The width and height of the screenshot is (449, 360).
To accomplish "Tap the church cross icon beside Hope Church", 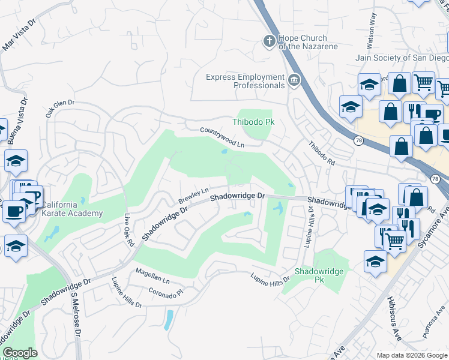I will (x=270, y=41).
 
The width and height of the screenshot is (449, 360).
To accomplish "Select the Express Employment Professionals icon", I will (x=294, y=80).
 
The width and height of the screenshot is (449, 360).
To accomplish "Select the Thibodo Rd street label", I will (x=321, y=154).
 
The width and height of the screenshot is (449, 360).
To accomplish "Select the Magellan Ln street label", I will (x=152, y=277).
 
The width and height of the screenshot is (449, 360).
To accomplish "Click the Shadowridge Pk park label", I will (x=320, y=275).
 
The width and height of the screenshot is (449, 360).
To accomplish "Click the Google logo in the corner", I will (x=20, y=353).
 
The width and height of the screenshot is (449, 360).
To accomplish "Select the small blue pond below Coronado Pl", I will (x=169, y=320).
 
